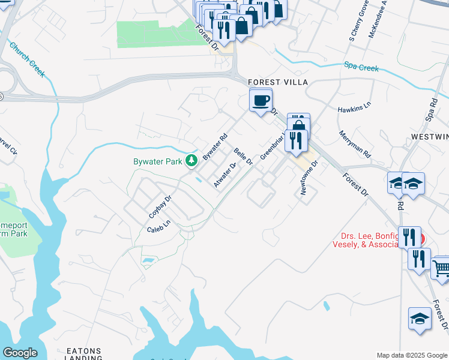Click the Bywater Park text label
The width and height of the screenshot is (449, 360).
pos(158,161)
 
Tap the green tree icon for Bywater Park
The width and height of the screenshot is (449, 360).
pos(191,160)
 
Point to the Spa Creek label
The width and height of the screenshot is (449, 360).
pos(361,67)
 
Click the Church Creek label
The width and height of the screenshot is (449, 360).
pos(26,59)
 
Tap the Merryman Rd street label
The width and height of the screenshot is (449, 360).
pos(355,145)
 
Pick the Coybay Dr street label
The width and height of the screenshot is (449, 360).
pos(160,206)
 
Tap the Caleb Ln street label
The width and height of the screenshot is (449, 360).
pos(159,226)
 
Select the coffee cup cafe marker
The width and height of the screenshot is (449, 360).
pos(261,101)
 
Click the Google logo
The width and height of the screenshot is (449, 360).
pos(20,353)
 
